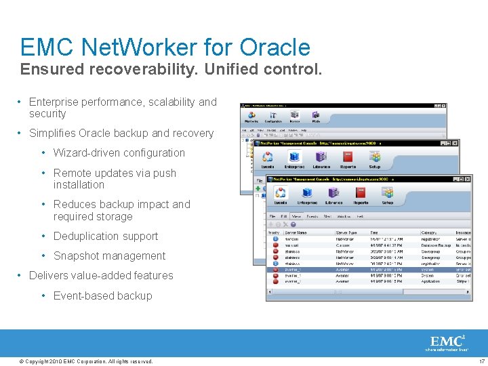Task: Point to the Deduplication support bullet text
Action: [106, 237]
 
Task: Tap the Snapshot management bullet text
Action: [109, 256]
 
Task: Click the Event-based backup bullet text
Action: [102, 296]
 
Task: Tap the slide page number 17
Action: [481, 361]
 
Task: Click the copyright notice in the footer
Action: [87, 361]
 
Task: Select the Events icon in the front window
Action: [280, 193]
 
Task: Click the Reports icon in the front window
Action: [361, 193]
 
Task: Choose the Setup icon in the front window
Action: [387, 193]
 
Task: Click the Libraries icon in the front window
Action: [333, 193]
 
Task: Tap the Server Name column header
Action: [296, 232]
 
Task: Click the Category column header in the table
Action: [429, 232]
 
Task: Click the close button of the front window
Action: [467, 179]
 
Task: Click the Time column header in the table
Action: [375, 232]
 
